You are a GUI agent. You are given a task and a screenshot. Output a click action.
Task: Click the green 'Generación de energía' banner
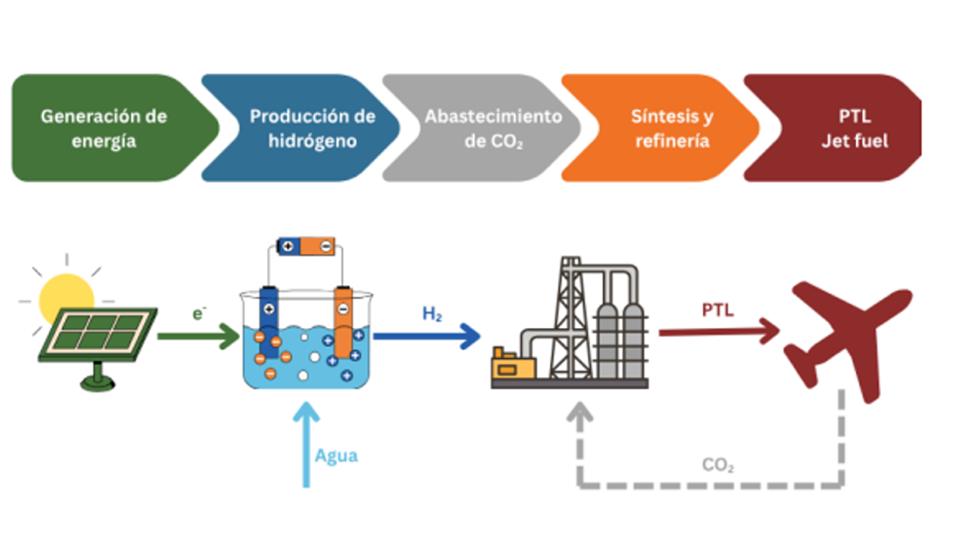click(104, 129)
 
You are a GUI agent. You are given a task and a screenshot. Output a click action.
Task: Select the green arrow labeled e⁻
click(198, 335)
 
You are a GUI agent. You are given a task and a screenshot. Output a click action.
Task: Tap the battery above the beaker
click(304, 246)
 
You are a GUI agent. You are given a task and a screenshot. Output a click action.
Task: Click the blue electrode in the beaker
click(269, 321)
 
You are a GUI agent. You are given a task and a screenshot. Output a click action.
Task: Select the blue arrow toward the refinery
click(427, 335)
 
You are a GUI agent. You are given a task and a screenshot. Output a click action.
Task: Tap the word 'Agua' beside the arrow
click(336, 456)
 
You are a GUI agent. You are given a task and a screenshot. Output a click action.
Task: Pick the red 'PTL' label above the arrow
click(718, 310)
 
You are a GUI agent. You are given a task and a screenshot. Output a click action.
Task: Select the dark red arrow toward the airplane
click(719, 332)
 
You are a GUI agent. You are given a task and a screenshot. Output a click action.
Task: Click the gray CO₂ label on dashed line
click(718, 466)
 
